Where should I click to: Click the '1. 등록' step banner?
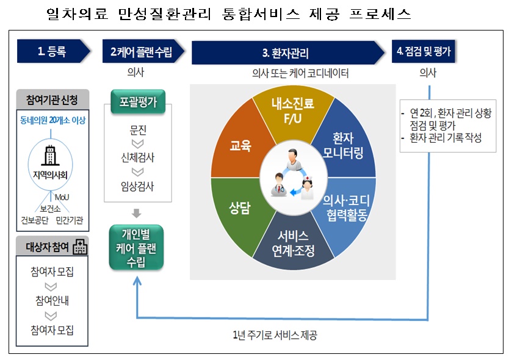[x=51, y=52]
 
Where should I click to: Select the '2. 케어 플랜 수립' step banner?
[x=141, y=52]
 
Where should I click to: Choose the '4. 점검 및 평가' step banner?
[x=423, y=51]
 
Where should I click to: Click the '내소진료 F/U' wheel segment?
[x=292, y=109]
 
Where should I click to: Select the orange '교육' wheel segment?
[x=240, y=146]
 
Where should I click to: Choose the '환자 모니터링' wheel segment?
[x=347, y=144]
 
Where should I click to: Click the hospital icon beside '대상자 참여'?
[x=79, y=247]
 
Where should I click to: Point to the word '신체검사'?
[x=137, y=157]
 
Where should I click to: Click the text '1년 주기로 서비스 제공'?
[x=275, y=335]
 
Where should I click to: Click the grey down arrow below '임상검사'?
[x=137, y=214]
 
